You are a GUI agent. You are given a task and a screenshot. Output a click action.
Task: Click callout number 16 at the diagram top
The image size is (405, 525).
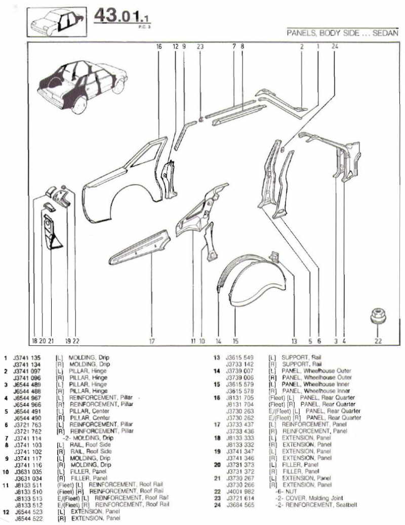[x=158, y=47]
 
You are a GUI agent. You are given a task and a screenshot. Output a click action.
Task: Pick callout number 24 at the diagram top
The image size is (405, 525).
[x=334, y=47]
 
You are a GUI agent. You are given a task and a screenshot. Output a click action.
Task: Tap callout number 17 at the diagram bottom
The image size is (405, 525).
[x=151, y=341]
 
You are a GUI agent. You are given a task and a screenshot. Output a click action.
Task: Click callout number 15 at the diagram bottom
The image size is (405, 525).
[x=235, y=341]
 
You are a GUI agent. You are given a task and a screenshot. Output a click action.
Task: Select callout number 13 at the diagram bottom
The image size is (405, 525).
[x=294, y=341]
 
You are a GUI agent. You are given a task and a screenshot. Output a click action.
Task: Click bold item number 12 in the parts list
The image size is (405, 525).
[x=5, y=511]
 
